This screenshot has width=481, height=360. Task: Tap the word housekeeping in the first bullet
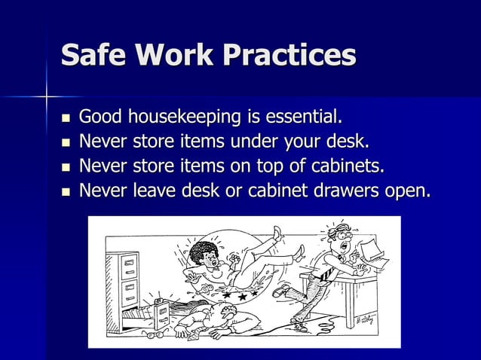pyautogui.click(x=183, y=118)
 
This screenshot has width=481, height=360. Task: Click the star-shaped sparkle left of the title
pyautogui.click(x=47, y=96)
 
